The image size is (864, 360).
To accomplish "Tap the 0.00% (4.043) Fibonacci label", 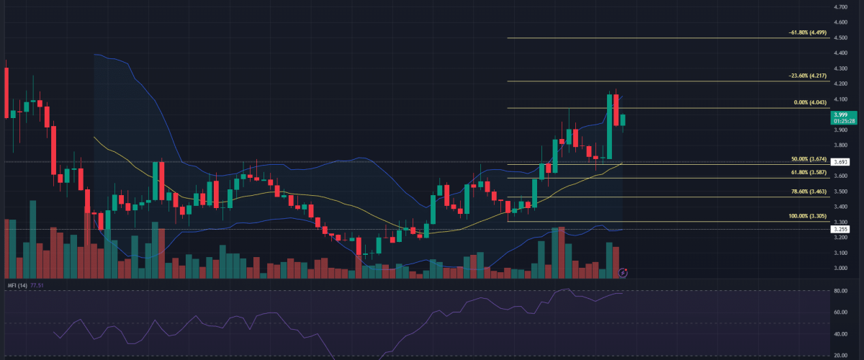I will click(x=810, y=102).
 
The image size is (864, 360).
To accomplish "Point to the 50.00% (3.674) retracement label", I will click(x=809, y=158).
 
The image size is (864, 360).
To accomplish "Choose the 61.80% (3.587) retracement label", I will click(x=809, y=173).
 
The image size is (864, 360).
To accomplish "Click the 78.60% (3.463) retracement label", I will click(x=809, y=192).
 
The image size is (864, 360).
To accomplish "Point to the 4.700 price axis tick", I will click(x=840, y=6).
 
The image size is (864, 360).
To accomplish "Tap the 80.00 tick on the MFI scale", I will click(x=839, y=292).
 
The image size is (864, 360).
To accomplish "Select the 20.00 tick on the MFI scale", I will click(x=839, y=355).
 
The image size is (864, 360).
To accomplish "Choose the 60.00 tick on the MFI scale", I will click(x=839, y=312).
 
